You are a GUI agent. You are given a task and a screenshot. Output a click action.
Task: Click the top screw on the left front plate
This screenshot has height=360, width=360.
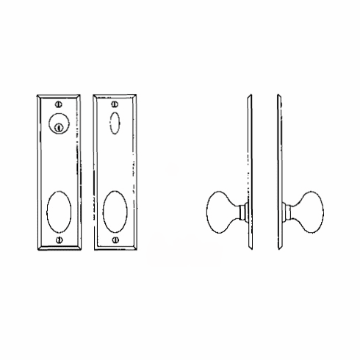click(58, 104)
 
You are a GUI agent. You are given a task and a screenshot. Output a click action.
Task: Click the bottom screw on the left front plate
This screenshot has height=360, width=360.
click(58, 240)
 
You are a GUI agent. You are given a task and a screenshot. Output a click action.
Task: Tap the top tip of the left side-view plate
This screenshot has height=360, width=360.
click(251, 94)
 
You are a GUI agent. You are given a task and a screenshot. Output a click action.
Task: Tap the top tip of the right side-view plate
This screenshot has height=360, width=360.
click(279, 94)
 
